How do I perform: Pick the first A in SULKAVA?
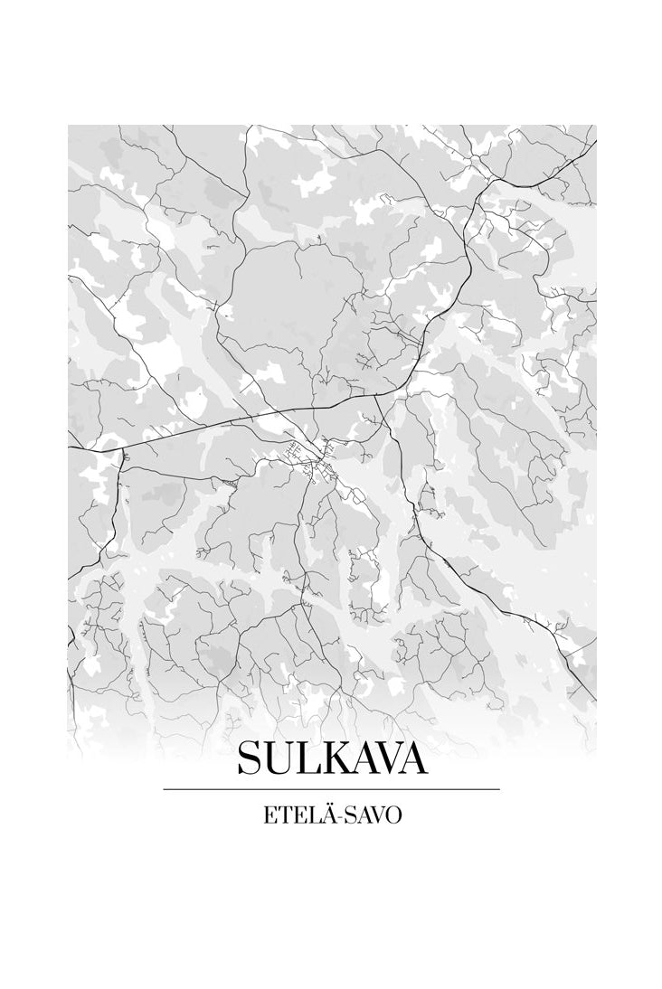(355, 758)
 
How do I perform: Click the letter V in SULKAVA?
(383, 758)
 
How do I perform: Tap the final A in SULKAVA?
(411, 758)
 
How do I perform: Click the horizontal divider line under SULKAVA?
(331, 789)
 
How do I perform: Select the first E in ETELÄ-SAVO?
(270, 815)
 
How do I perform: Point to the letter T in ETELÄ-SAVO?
(283, 815)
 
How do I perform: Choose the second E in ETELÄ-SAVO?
(297, 815)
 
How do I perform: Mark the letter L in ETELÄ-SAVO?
(309, 815)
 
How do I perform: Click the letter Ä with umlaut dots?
(324, 814)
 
